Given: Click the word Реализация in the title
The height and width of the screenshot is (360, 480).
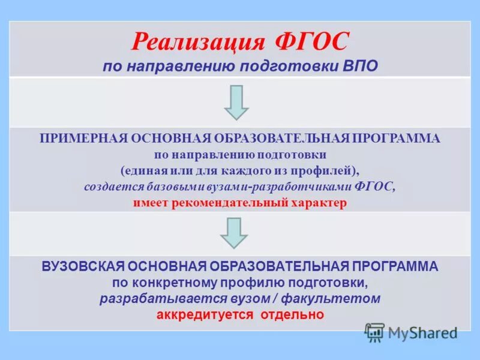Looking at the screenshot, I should (198, 43).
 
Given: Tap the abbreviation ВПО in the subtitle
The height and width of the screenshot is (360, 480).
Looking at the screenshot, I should (361, 66).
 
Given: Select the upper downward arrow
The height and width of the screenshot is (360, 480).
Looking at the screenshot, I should (236, 102).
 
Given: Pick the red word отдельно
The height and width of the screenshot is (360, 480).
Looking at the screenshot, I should (292, 314).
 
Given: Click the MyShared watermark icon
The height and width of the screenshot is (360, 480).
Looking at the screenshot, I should (374, 332).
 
